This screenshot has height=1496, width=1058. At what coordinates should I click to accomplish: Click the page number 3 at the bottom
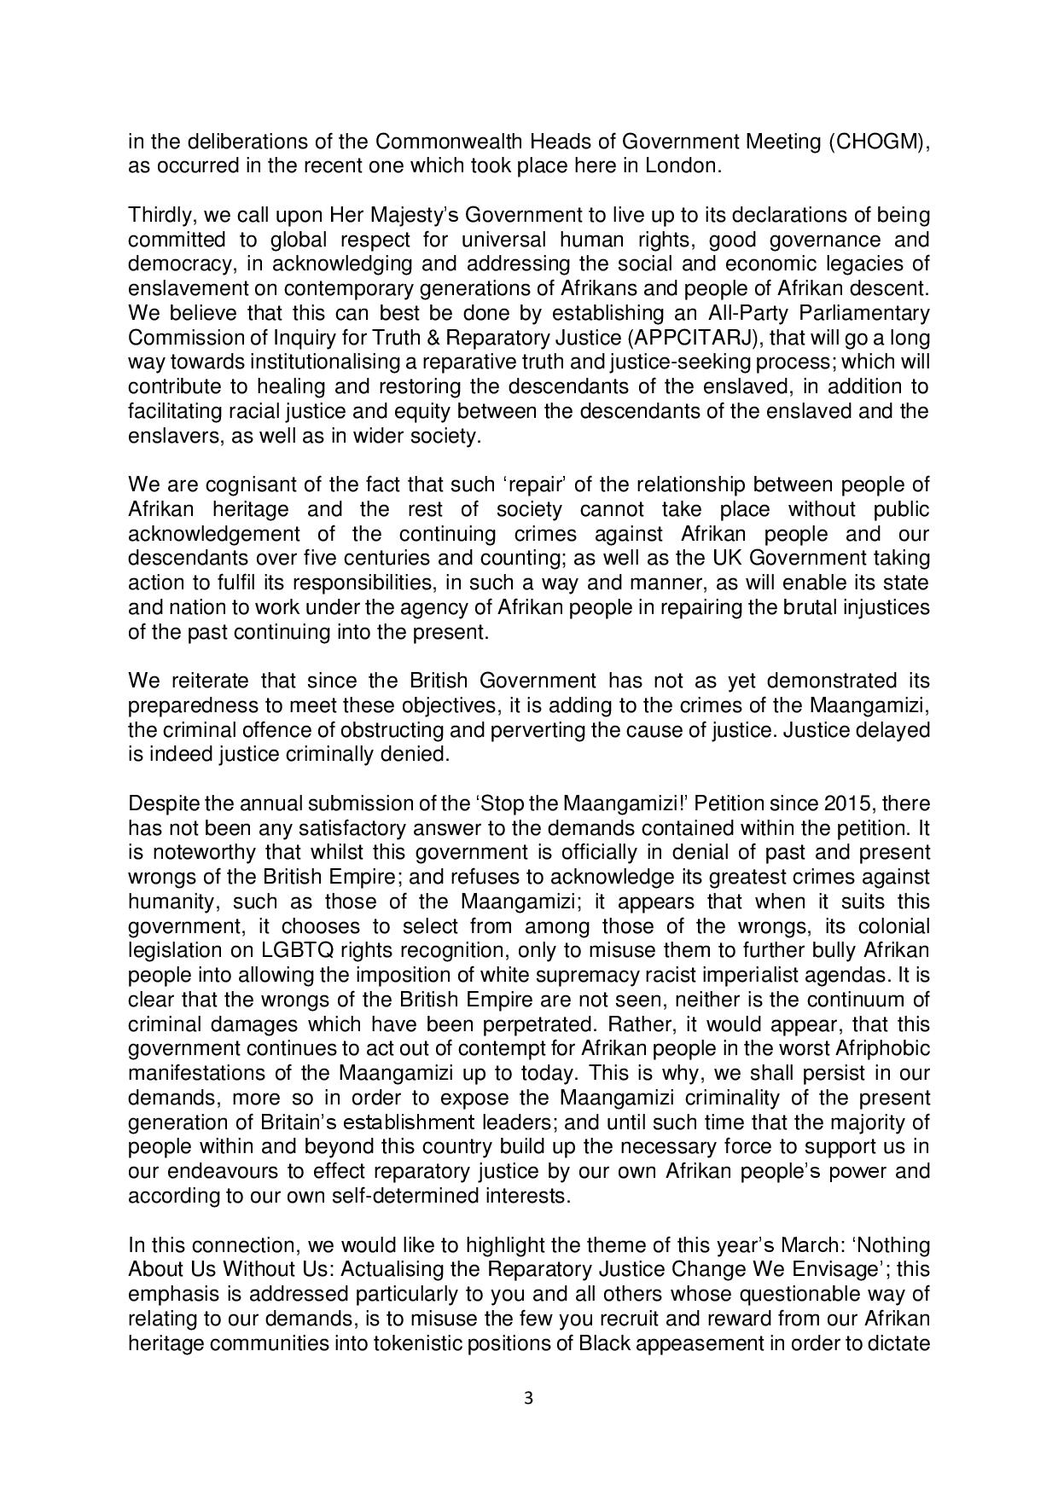click(528, 1398)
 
